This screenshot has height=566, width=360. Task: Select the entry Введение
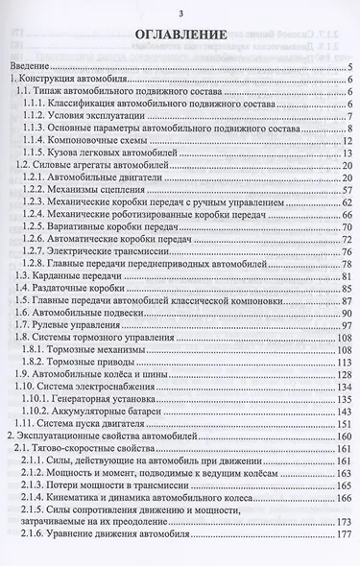click(x=30, y=66)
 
